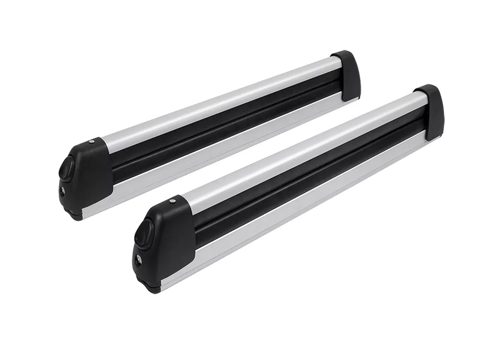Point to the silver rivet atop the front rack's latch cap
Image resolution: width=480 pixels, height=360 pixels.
click(x=172, y=201)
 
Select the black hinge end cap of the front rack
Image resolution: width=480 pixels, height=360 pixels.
click(x=431, y=112)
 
